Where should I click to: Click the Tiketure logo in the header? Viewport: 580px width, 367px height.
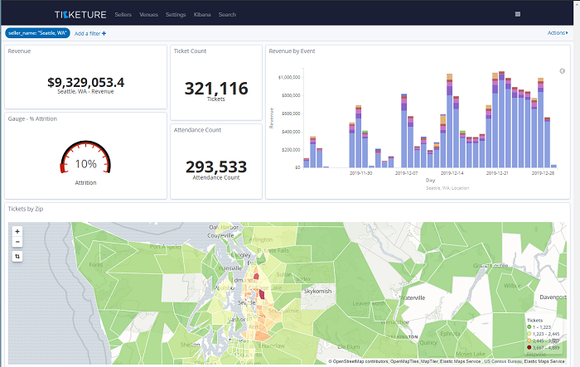[x=80, y=15]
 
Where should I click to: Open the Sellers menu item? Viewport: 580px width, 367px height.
[x=123, y=15]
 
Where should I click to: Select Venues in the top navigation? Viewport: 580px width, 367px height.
[x=149, y=15]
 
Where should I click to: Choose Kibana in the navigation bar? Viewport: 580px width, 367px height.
[x=201, y=15]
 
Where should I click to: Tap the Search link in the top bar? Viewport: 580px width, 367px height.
[x=227, y=15]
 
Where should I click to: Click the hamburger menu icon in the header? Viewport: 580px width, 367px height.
[x=518, y=14]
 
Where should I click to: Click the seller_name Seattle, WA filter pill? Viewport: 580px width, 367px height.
[x=38, y=33]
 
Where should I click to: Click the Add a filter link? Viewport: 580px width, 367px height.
[x=90, y=33]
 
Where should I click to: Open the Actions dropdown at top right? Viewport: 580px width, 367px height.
[x=558, y=33]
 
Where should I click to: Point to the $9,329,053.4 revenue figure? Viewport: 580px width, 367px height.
[x=86, y=82]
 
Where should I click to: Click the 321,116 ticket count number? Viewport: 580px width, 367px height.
[x=216, y=88]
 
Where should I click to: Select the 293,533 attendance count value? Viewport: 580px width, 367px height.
[x=216, y=167]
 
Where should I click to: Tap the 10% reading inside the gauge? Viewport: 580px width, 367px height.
[x=86, y=164]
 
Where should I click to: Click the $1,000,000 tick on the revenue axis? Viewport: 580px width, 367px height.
[x=285, y=77]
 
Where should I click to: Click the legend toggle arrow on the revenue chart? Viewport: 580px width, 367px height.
[x=562, y=71]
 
